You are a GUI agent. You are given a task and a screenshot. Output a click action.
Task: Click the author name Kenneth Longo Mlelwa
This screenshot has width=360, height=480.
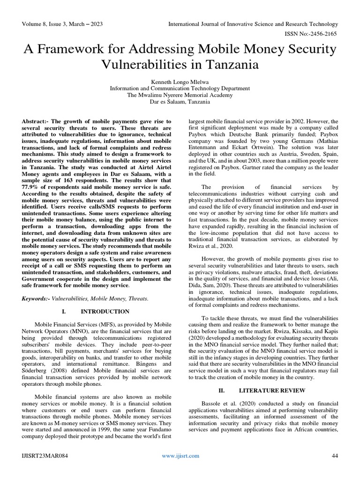click(x=180, y=81)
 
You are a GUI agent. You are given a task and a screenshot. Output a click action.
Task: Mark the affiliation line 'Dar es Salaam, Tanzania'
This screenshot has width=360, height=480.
click(x=180, y=102)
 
